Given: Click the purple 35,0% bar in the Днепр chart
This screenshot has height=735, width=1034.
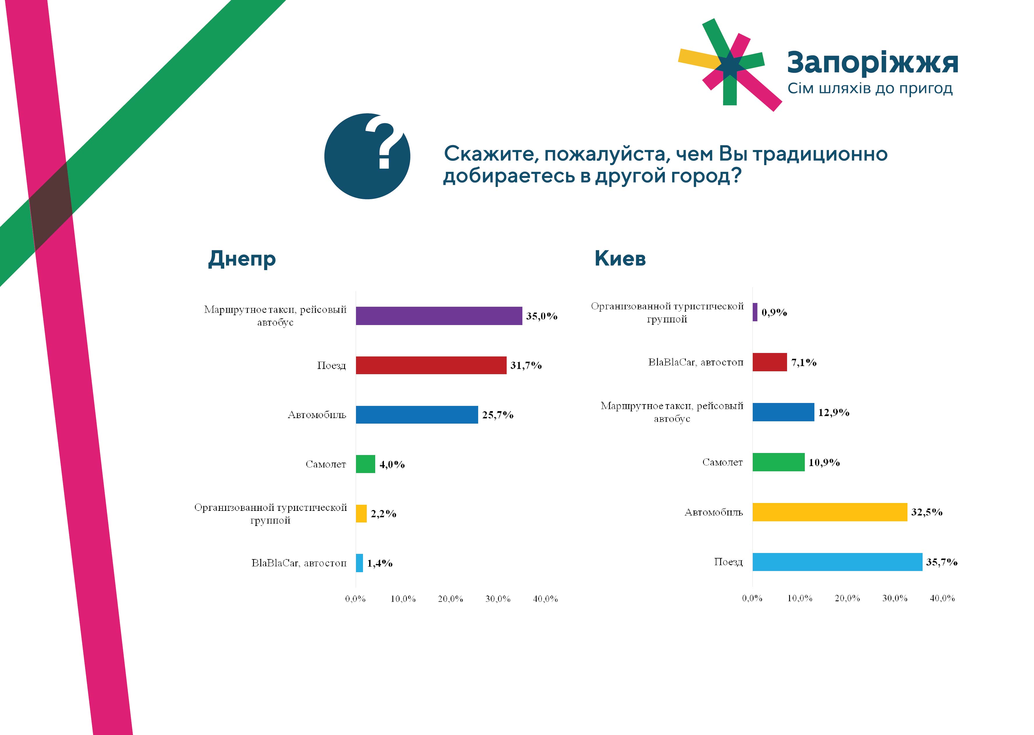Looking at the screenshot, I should tap(439, 316).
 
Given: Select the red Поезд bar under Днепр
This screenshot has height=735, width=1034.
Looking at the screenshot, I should tap(431, 365).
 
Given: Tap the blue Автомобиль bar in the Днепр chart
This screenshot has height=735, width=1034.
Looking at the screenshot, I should tap(417, 415).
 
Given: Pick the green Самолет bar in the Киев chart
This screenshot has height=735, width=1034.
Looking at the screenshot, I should tap(779, 462).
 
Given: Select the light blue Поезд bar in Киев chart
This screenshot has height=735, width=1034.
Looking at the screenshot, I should tap(837, 562).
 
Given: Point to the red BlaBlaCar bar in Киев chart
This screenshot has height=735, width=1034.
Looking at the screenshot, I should tap(770, 362).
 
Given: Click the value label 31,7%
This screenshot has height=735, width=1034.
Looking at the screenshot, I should tap(526, 365).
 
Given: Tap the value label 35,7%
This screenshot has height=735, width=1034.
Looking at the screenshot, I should tap(941, 562).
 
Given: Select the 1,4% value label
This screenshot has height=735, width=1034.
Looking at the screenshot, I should tap(379, 563).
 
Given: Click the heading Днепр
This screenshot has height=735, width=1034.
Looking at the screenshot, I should tap(242, 259).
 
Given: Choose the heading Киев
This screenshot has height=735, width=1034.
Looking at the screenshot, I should tap(620, 258).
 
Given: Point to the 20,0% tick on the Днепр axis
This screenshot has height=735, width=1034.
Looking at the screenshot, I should tap(451, 599).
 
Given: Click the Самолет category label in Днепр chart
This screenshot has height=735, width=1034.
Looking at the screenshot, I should tap(325, 464).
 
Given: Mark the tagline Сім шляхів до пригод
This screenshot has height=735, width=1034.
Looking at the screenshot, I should tap(870, 88).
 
